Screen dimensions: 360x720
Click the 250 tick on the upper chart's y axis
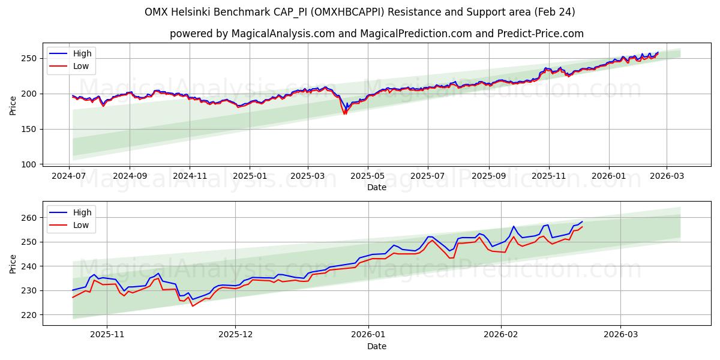click(x=29, y=58)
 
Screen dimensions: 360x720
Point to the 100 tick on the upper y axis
click(x=29, y=164)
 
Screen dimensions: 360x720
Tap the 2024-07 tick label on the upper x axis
click(x=69, y=176)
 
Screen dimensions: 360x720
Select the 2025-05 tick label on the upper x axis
click(x=368, y=176)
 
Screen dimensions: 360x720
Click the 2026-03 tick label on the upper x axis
click(x=668, y=176)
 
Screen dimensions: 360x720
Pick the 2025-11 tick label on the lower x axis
click(x=107, y=334)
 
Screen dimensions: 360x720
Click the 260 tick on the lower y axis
click(x=29, y=218)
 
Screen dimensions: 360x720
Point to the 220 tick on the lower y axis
click(x=29, y=314)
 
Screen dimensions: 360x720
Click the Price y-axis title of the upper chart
click(x=13, y=106)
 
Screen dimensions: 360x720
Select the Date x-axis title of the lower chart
click(x=376, y=346)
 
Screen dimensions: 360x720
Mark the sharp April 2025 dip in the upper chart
click(x=344, y=113)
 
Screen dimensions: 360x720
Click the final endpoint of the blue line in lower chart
click(x=582, y=221)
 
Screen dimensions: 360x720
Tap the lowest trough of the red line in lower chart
click(x=193, y=306)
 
